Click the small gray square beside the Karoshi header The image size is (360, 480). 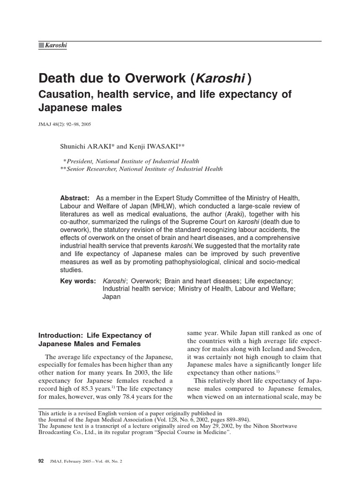[41, 45]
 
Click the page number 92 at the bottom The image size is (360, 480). [41, 461]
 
